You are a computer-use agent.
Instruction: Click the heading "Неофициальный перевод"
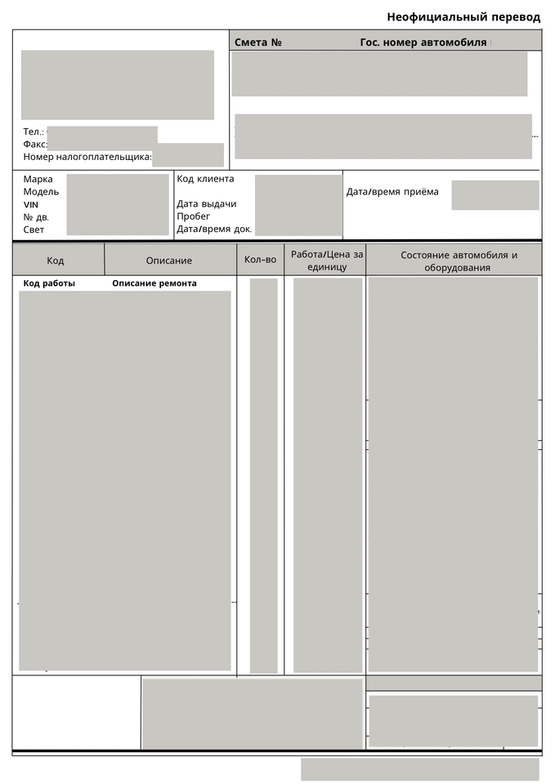[463, 17]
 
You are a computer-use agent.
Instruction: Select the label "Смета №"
[257, 42]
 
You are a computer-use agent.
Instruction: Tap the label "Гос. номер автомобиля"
[423, 42]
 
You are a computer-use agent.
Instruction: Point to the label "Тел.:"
[34, 131]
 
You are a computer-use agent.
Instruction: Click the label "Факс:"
[35, 145]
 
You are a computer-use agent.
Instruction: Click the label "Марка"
[38, 180]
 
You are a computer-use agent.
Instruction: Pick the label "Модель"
[41, 192]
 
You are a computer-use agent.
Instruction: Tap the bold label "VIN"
[31, 204]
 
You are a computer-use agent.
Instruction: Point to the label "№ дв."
[36, 217]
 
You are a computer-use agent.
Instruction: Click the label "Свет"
[34, 229]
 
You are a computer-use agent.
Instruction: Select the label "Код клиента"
[205, 179]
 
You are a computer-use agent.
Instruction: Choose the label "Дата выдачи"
[206, 204]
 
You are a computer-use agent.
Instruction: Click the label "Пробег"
[193, 216]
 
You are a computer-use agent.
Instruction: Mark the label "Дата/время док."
[214, 229]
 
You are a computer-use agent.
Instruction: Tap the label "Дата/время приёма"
[392, 192]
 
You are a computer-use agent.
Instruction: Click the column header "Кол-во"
[261, 261]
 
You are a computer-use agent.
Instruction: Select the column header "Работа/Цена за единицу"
[327, 261]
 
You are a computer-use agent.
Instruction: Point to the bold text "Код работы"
[49, 283]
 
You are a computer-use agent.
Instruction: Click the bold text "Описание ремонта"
[154, 283]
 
